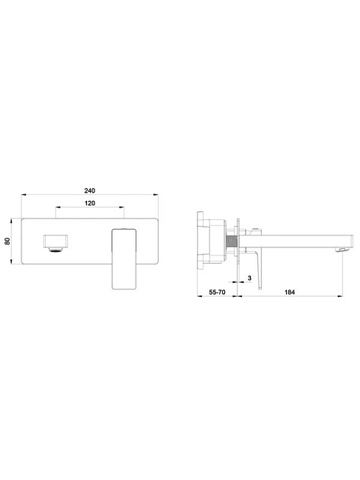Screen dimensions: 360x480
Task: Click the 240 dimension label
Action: [x=89, y=191]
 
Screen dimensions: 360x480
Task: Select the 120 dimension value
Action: [x=89, y=203]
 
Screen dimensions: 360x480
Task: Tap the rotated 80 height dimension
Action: [x=7, y=241]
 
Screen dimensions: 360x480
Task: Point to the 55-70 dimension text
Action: [x=217, y=292]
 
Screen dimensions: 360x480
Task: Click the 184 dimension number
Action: [x=290, y=292]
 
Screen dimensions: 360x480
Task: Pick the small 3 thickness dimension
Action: [x=249, y=278]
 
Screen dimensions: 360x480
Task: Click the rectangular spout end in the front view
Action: [x=55, y=241]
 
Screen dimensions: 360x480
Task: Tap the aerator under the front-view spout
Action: [x=55, y=250]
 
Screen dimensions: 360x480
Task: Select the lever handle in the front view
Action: [x=124, y=258]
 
